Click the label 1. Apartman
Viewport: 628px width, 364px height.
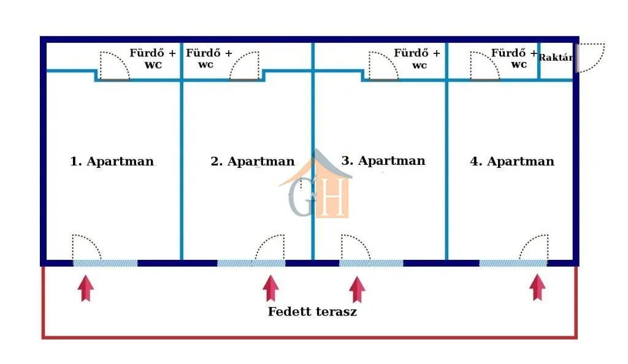112,161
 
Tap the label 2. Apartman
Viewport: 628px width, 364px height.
252,161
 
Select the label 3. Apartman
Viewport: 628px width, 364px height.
383,161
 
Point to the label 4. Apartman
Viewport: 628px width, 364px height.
512,161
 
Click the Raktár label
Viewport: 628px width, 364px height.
556,58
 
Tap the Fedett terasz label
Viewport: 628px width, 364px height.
312,311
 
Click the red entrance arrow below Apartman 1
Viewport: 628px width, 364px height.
86,288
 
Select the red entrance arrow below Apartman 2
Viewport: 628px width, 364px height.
270,288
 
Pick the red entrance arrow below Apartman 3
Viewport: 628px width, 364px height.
357,289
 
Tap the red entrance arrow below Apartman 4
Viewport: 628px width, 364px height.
537,287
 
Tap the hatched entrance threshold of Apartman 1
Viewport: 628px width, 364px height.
105,264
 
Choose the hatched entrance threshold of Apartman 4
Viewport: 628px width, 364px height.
513,264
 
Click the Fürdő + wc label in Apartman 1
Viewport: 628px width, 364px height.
153,59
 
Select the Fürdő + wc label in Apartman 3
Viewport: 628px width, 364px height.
417,59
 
